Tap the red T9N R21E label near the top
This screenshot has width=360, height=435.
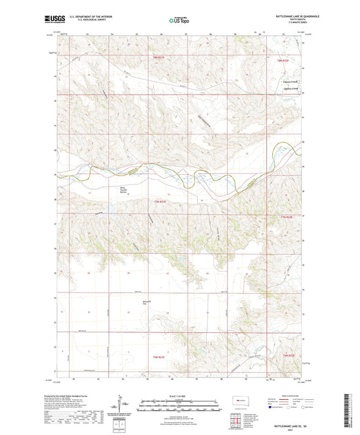pyautogui.click(x=157, y=59)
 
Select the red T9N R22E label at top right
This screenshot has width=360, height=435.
pyautogui.click(x=283, y=61)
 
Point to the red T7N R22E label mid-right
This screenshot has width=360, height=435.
pyautogui.click(x=288, y=217)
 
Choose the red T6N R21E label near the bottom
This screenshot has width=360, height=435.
pyautogui.click(x=157, y=356)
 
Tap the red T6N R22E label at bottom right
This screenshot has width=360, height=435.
pyautogui.click(x=288, y=356)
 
